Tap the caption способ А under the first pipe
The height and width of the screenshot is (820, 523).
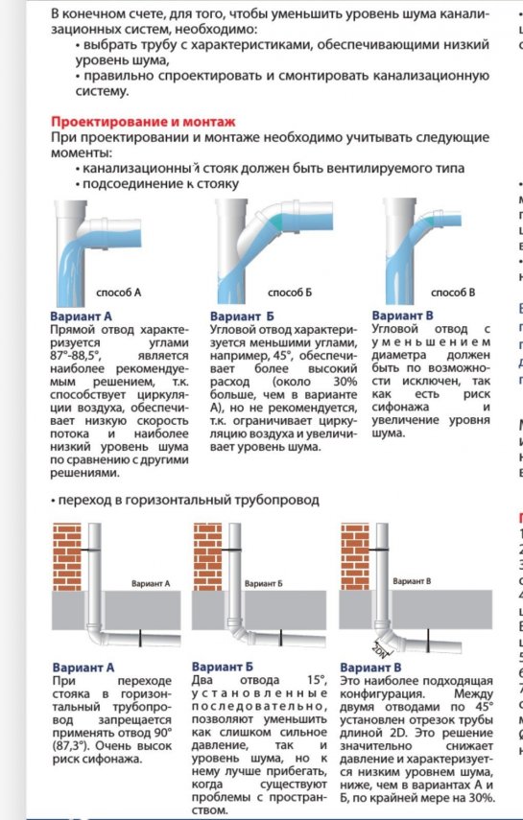point(119,292)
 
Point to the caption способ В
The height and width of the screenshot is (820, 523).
point(453,292)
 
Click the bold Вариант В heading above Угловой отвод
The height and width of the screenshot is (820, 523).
point(402,315)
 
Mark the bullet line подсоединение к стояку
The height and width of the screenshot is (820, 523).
point(157,183)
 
